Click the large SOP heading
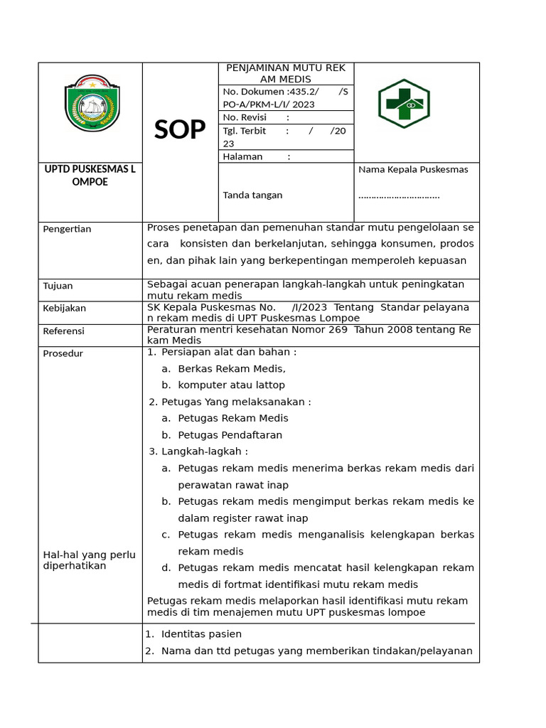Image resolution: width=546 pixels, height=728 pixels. pyautogui.click(x=180, y=129)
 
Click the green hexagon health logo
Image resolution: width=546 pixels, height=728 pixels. pyautogui.click(x=403, y=104)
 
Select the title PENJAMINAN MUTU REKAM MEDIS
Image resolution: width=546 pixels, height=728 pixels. pyautogui.click(x=285, y=73)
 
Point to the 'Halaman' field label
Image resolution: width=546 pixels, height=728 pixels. pyautogui.click(x=243, y=156)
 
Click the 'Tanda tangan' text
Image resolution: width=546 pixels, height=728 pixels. pyautogui.click(x=252, y=195)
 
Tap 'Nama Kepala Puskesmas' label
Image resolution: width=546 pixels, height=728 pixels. pyautogui.click(x=413, y=170)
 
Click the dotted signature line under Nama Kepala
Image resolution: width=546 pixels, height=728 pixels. pyautogui.click(x=399, y=196)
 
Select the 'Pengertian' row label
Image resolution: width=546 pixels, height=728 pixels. pyautogui.click(x=67, y=229)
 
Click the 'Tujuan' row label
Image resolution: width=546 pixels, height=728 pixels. pyautogui.click(x=58, y=286)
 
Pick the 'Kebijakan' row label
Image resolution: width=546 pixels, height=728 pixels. pyautogui.click(x=65, y=308)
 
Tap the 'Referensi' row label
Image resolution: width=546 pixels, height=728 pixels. pyautogui.click(x=64, y=331)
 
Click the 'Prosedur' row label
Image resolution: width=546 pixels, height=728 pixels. pyautogui.click(x=63, y=353)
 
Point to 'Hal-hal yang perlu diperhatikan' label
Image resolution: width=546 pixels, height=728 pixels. pyautogui.click(x=90, y=560)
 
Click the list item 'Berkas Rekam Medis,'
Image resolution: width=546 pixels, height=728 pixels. pyautogui.click(x=231, y=368)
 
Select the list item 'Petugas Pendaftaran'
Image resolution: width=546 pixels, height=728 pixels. pyautogui.click(x=230, y=435)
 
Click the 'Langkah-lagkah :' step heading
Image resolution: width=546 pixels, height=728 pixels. pyautogui.click(x=205, y=451)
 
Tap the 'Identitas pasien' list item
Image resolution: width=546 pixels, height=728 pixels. pyautogui.click(x=201, y=634)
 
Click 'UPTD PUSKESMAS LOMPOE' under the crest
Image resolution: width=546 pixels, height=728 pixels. pyautogui.click(x=90, y=176)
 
